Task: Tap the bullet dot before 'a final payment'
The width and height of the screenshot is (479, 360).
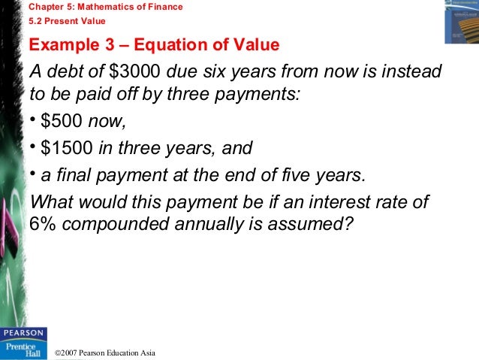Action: click(x=33, y=174)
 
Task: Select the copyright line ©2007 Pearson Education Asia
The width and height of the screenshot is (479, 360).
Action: click(x=105, y=352)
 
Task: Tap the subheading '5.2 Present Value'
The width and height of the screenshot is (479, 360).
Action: click(x=68, y=21)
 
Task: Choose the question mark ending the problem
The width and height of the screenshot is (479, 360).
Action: click(x=346, y=224)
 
